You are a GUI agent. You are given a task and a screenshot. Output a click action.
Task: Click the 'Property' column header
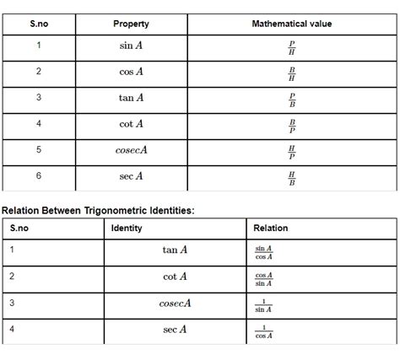[131, 24]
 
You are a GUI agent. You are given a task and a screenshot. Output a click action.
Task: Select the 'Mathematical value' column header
[292, 24]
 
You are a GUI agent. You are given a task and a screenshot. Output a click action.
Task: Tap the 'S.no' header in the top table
[38, 24]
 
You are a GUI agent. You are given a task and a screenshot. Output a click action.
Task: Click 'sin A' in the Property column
[131, 46]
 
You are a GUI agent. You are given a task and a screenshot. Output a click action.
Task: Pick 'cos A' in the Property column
[131, 72]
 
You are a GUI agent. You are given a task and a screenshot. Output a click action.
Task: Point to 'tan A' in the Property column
[131, 98]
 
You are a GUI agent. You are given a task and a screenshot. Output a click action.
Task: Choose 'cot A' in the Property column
[131, 124]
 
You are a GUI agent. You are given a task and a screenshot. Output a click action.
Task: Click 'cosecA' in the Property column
[131, 150]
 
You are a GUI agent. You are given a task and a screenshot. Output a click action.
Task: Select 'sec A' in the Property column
[131, 176]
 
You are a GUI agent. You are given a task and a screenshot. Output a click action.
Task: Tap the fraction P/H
[292, 46]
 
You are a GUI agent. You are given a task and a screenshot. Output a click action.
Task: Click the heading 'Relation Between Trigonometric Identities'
[98, 209]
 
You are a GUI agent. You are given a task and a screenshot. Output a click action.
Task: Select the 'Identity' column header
[127, 228]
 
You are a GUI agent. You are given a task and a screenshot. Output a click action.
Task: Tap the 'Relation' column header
[270, 228]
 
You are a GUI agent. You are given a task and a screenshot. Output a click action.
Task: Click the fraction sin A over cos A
[264, 252]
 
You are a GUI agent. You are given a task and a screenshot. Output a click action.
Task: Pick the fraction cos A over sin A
[264, 278]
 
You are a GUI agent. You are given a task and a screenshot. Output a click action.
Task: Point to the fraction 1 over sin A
[264, 304]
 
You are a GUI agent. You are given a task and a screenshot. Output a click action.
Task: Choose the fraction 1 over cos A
[264, 331]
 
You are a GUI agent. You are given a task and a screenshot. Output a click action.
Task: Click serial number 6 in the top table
[38, 176]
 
